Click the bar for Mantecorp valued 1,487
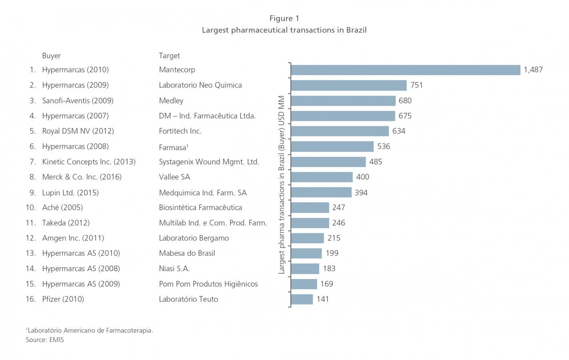click(405, 70)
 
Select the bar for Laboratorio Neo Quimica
click(349, 85)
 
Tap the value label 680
click(405, 101)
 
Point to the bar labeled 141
click(302, 299)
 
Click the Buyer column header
click(51, 56)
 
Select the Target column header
click(169, 56)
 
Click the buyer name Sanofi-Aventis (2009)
click(78, 101)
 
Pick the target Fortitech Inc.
click(180, 131)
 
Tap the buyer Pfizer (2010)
click(63, 299)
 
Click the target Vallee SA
click(174, 177)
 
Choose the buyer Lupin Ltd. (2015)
click(70, 193)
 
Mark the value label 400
click(363, 177)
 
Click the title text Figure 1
click(284, 18)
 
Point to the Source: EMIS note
click(45, 340)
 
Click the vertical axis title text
click(281, 185)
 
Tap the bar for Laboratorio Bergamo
click(307, 238)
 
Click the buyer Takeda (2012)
click(66, 223)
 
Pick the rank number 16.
click(30, 299)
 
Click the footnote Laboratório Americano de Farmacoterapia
click(90, 330)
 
